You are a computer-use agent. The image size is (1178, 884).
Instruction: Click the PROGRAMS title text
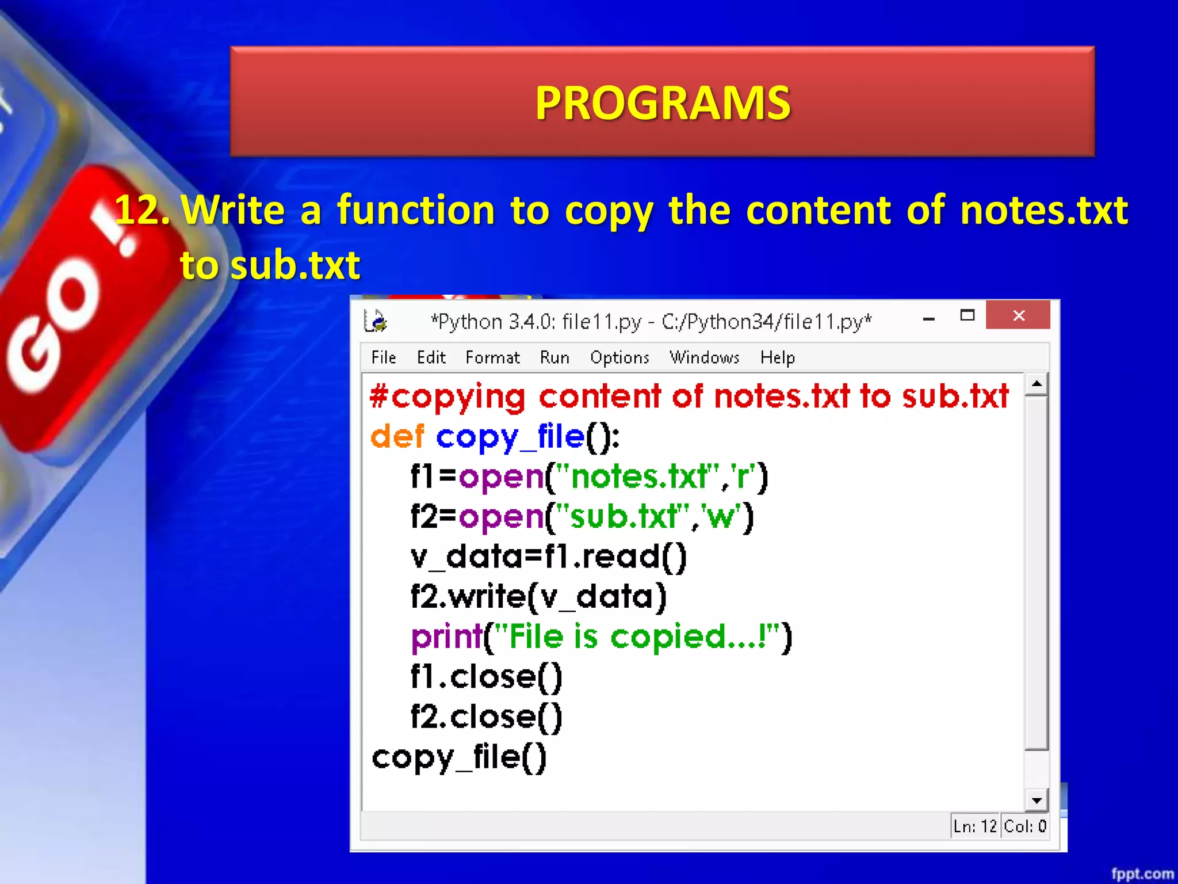(x=663, y=103)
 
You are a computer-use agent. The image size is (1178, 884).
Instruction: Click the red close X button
(x=1018, y=315)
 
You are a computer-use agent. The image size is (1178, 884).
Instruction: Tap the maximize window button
(x=967, y=315)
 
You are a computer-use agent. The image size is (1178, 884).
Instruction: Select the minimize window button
(x=928, y=318)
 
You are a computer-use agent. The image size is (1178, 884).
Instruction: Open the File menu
(x=383, y=357)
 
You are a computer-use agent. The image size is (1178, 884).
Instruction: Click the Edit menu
(x=431, y=357)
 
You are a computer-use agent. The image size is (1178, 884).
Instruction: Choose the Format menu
(x=492, y=357)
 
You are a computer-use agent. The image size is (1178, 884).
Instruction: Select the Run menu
(x=554, y=357)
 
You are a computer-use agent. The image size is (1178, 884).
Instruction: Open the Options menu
(x=619, y=357)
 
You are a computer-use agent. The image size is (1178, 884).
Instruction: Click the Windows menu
(x=704, y=357)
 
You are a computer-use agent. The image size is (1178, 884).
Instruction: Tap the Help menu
(x=777, y=357)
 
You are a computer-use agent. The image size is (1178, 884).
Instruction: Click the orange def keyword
(x=397, y=436)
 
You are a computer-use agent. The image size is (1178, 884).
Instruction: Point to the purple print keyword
(x=446, y=637)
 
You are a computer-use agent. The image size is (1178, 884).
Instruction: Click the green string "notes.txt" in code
(x=638, y=477)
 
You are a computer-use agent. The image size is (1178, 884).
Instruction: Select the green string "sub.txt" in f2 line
(x=624, y=516)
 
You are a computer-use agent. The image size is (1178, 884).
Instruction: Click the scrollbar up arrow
(x=1037, y=384)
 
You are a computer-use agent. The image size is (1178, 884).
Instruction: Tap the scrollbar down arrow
(x=1037, y=800)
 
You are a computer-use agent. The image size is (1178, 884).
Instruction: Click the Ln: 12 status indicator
(x=974, y=826)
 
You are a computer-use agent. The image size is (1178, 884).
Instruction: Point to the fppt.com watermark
(x=1142, y=874)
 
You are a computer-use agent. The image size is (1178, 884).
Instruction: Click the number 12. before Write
(x=141, y=210)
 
